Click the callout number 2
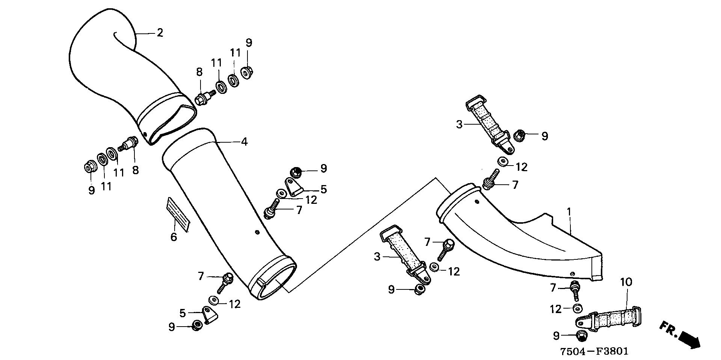click(x=160, y=33)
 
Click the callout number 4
click(x=244, y=142)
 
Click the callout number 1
click(x=569, y=212)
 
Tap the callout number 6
click(x=173, y=237)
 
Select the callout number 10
click(x=626, y=282)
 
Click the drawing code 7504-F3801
click(x=594, y=351)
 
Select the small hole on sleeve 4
click(x=256, y=232)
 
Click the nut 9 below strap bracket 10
click(x=581, y=336)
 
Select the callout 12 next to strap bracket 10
click(x=556, y=309)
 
